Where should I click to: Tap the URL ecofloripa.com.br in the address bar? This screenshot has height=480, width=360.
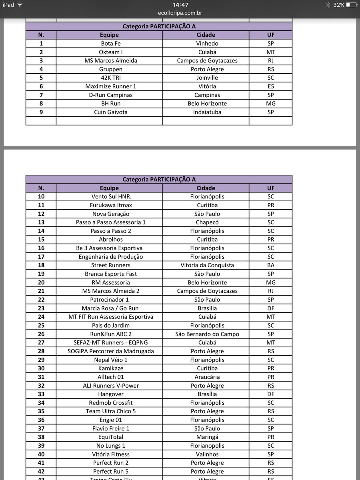click(x=180, y=13)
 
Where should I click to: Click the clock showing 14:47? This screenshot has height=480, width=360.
click(x=180, y=5)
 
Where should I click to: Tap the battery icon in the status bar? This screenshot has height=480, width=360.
click(x=352, y=5)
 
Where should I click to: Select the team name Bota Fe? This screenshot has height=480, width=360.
click(x=109, y=44)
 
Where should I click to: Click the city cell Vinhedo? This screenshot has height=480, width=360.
click(x=207, y=44)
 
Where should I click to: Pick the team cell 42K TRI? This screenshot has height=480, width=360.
click(x=109, y=78)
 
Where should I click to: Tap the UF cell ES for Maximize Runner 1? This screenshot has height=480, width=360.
click(x=271, y=86)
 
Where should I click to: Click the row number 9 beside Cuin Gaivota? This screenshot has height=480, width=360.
click(x=41, y=112)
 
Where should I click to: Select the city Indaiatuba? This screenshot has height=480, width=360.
click(x=207, y=112)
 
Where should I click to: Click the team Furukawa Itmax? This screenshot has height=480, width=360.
click(x=109, y=205)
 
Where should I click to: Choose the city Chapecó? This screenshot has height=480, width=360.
click(x=207, y=222)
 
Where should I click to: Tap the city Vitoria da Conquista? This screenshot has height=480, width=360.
click(x=207, y=265)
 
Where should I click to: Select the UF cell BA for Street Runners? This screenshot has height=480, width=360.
click(x=271, y=265)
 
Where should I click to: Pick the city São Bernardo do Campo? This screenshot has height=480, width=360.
click(x=207, y=334)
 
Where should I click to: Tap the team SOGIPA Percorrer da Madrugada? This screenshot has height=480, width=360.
click(x=111, y=351)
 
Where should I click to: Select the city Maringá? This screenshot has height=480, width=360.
click(x=207, y=437)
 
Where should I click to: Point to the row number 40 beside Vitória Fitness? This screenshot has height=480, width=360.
click(x=41, y=454)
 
